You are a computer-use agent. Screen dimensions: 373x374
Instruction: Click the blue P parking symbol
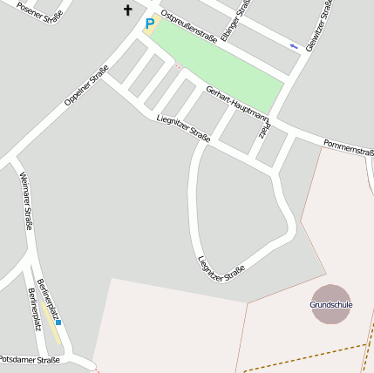tap(150, 24)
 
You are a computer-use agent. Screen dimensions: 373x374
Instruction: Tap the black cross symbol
tap(128, 10)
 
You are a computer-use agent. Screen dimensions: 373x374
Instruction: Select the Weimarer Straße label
tap(26, 201)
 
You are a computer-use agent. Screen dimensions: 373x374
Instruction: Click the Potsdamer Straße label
tap(30, 359)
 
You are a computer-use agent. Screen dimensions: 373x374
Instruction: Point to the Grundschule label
tap(331, 305)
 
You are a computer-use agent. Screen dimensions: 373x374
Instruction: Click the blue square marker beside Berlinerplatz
tap(58, 322)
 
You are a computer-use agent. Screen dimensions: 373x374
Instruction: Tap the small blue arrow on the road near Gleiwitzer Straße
tap(294, 45)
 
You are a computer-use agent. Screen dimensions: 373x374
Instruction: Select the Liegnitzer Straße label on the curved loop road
tap(221, 268)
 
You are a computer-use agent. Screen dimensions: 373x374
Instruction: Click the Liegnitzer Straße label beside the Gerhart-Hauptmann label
tap(183, 128)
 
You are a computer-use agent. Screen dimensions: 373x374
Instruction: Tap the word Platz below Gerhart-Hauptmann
tap(264, 132)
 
